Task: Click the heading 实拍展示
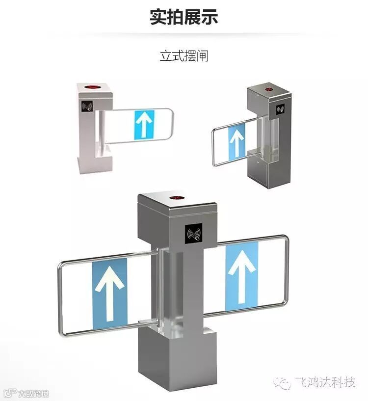point(184,17)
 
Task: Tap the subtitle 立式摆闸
point(184,55)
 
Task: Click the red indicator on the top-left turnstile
point(92,87)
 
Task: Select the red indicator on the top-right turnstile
point(269,90)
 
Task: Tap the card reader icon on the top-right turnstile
point(281,109)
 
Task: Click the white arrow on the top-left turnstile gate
point(144,124)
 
